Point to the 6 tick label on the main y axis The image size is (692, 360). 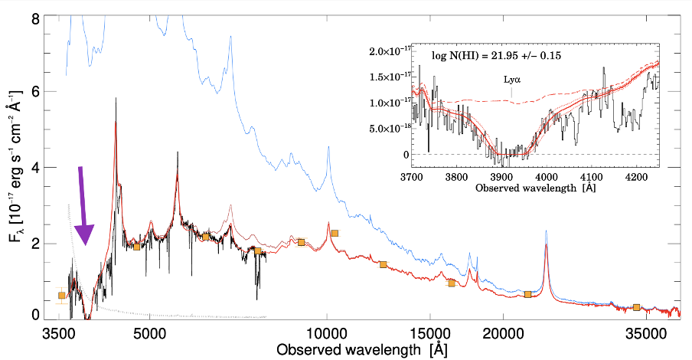pos(34,91)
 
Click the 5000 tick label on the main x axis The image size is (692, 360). pos(150,335)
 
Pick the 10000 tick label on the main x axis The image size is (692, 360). pos(327,335)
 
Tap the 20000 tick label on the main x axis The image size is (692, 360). pos(502,335)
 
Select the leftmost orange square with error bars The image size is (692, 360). pos(62,296)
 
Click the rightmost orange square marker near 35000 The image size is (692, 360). pos(637,307)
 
